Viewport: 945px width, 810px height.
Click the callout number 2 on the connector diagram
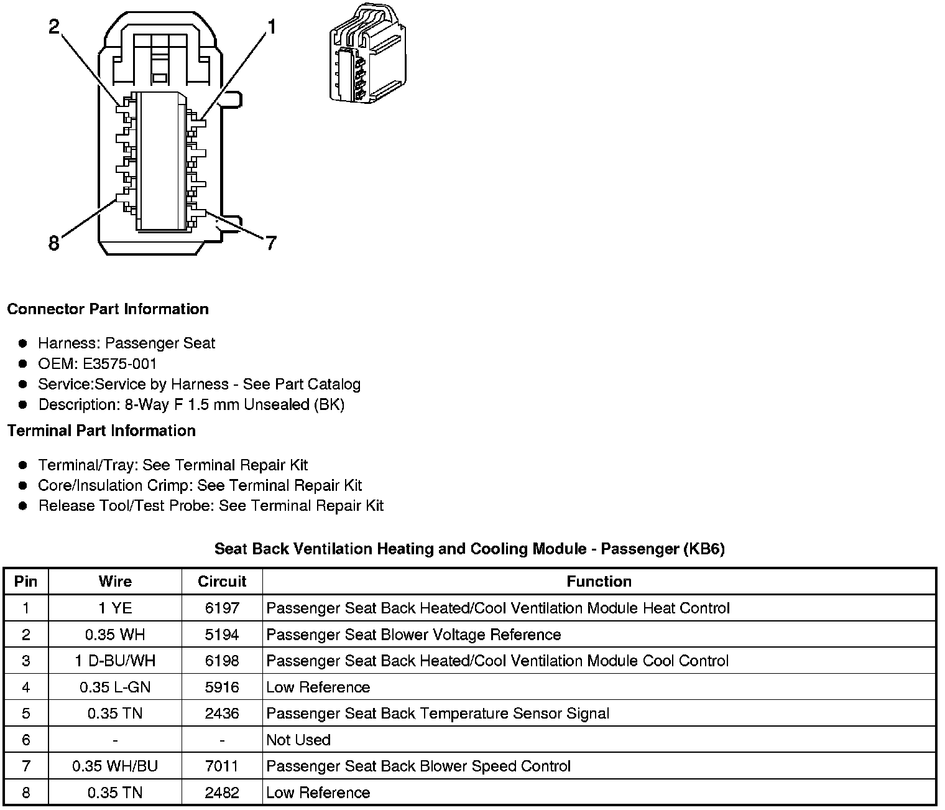tap(55, 27)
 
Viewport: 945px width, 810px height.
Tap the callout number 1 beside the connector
tap(272, 26)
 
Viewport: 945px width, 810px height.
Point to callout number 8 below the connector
tap(54, 243)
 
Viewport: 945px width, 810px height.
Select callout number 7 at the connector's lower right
tap(270, 243)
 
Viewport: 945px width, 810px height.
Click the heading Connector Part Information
tap(108, 309)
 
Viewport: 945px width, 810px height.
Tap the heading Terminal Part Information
tap(101, 431)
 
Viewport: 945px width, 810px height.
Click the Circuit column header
tap(222, 581)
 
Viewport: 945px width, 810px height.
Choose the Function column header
tap(599, 581)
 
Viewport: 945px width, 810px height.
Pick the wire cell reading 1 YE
tap(115, 608)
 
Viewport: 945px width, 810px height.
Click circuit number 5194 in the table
tap(222, 635)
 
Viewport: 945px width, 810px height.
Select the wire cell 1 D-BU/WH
tap(115, 661)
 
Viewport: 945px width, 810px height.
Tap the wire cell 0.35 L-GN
tap(115, 687)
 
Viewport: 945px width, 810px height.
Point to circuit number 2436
tap(222, 714)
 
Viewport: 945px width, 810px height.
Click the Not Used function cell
tap(298, 740)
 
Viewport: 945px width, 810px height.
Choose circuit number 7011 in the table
tap(222, 766)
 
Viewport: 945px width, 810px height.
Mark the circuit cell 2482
tap(222, 793)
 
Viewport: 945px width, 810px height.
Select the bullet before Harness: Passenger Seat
tap(23, 343)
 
